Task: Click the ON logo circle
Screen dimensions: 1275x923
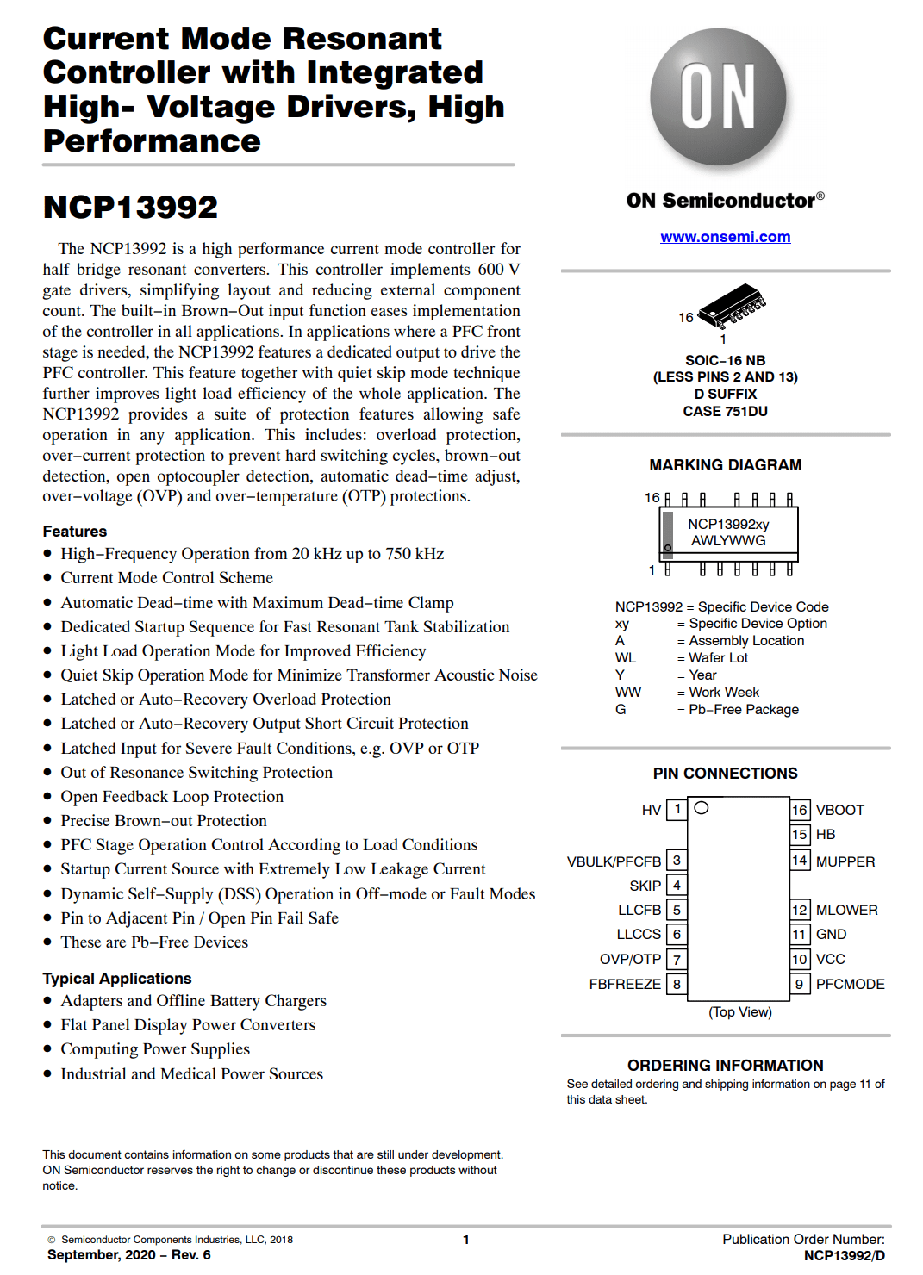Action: [x=718, y=96]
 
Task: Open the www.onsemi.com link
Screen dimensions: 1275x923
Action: [x=725, y=237]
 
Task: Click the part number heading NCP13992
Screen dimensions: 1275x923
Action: [x=131, y=207]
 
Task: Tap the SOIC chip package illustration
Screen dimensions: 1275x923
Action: [x=731, y=306]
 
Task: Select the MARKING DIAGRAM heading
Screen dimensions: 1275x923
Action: [x=725, y=465]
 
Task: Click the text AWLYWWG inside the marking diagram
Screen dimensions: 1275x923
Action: [x=728, y=540]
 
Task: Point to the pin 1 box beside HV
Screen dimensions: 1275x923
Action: [x=677, y=809]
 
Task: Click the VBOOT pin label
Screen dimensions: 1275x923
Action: [x=839, y=810]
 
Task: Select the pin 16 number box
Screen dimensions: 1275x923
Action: [x=800, y=810]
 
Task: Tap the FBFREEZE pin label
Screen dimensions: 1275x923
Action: [x=625, y=984]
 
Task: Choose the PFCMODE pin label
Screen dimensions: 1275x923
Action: [x=850, y=984]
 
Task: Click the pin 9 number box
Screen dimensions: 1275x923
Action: [x=800, y=984]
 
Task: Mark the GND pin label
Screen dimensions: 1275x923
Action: [x=831, y=934]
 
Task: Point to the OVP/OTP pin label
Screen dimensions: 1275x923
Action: [x=630, y=959]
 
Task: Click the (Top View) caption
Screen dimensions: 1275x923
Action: [x=740, y=1011]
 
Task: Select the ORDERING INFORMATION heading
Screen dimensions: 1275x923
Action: [x=725, y=1066]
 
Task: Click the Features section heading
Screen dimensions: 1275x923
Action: [x=75, y=532]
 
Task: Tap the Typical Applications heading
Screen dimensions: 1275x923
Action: [x=117, y=979]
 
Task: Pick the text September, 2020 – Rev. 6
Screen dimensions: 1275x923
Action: [x=129, y=1255]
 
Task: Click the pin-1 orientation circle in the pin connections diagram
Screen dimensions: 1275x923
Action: [x=702, y=808]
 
